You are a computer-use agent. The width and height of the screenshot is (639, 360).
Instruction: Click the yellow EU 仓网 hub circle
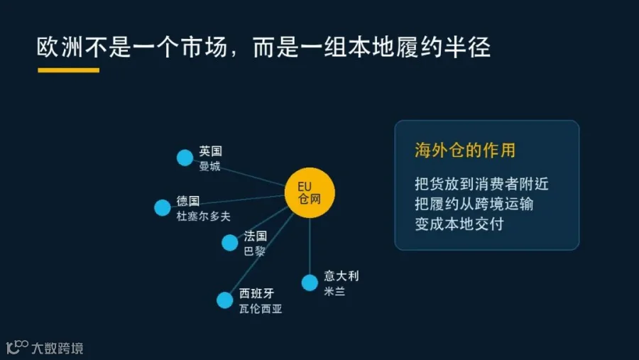point(310,193)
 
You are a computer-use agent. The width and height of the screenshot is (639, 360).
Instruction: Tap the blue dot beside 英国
point(185,158)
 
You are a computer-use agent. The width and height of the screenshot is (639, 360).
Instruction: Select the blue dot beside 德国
point(162,207)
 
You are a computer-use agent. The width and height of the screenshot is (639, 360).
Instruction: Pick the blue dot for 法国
point(230,243)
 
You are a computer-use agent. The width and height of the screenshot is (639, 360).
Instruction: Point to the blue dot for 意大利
point(310,283)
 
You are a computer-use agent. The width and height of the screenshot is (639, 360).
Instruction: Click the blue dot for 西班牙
point(224,300)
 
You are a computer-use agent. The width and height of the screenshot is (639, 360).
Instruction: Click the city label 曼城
point(209,166)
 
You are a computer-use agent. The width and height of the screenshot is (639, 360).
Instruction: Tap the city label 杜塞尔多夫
point(203,216)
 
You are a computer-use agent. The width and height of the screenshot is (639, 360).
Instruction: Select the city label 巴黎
point(254,251)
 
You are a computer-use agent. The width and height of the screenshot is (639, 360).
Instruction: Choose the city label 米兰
point(334,291)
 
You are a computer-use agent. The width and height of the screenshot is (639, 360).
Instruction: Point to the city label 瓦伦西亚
point(261,309)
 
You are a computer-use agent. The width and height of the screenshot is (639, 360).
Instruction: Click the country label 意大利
point(342,276)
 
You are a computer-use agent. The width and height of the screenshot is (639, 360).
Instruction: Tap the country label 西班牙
point(257,293)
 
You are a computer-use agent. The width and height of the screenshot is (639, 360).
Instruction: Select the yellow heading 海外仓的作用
point(465,150)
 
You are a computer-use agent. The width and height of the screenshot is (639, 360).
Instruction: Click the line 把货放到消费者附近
point(481,184)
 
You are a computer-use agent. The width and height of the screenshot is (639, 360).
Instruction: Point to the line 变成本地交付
point(459,224)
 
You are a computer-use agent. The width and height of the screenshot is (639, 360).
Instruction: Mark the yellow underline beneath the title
point(68,70)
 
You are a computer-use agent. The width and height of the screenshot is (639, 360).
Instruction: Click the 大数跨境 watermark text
point(58,348)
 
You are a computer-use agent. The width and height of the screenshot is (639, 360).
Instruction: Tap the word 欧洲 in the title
point(60,47)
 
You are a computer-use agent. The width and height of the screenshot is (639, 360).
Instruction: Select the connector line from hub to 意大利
point(310,246)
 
